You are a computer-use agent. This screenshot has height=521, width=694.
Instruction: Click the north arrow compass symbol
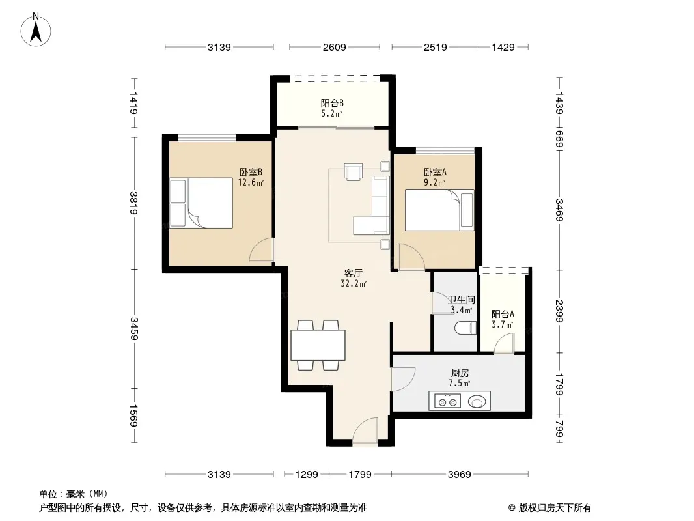pyautogui.click(x=36, y=30)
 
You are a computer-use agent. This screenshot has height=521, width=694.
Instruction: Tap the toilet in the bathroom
pyautogui.click(x=465, y=328)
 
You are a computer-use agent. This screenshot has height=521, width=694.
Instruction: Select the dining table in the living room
pyautogui.click(x=318, y=345)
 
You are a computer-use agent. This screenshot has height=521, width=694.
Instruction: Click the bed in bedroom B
pyautogui.click(x=201, y=203)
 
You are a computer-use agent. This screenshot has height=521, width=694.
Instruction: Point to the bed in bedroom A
pyautogui.click(x=439, y=210)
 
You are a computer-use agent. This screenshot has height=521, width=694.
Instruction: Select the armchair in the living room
pyautogui.click(x=354, y=172)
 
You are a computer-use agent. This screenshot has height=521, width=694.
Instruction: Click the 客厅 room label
pyautogui.click(x=354, y=274)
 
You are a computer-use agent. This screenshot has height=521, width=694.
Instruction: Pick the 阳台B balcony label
pyautogui.click(x=333, y=104)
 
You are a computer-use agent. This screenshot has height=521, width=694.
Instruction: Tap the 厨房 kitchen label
pyautogui.click(x=460, y=373)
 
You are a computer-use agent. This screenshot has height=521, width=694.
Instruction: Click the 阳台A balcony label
pyautogui.click(x=503, y=315)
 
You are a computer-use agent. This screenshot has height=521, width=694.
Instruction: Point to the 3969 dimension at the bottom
pyautogui.click(x=460, y=475)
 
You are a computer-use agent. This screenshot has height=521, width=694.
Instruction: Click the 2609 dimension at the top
pyautogui.click(x=334, y=47)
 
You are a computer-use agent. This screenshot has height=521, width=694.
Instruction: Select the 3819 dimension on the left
pyautogui.click(x=134, y=203)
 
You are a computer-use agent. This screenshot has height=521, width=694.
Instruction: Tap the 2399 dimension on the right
pyautogui.click(x=559, y=311)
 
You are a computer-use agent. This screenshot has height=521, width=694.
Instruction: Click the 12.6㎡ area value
pyautogui.click(x=251, y=182)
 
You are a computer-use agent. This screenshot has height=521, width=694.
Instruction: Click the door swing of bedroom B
pyautogui.click(x=262, y=250)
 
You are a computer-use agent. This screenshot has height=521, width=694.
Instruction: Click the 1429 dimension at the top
pyautogui.click(x=503, y=47)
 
